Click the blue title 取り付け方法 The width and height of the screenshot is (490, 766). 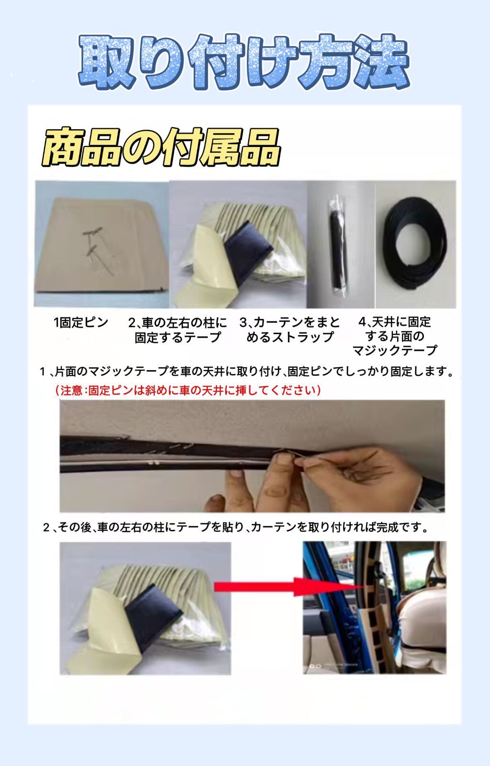[245, 62]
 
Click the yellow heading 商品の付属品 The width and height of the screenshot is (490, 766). [161, 147]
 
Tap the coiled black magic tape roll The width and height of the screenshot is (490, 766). [414, 243]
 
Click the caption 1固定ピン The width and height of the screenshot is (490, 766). [81, 322]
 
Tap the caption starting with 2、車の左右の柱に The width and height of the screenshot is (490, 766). [178, 330]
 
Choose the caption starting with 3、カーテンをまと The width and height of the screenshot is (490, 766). [290, 330]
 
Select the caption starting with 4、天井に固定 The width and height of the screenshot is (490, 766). [395, 336]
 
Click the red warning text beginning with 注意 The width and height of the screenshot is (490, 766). [188, 390]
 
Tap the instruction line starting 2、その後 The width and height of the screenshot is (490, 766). [236, 527]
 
